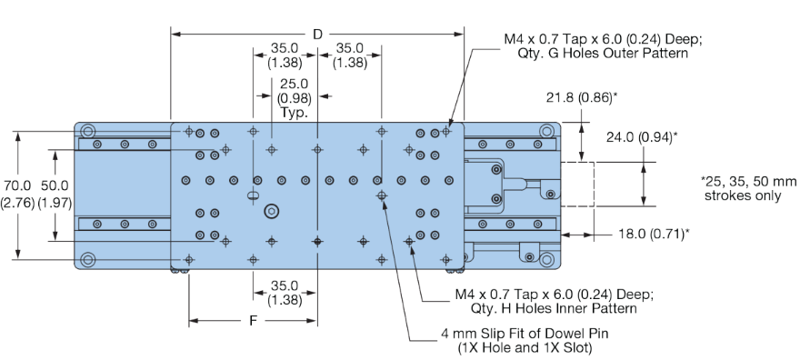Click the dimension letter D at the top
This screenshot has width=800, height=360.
pos(317,34)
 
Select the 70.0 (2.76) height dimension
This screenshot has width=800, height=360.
pos(18,193)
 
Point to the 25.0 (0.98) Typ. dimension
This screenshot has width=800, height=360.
pos(294,98)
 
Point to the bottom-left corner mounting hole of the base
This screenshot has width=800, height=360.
pos(88,259)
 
